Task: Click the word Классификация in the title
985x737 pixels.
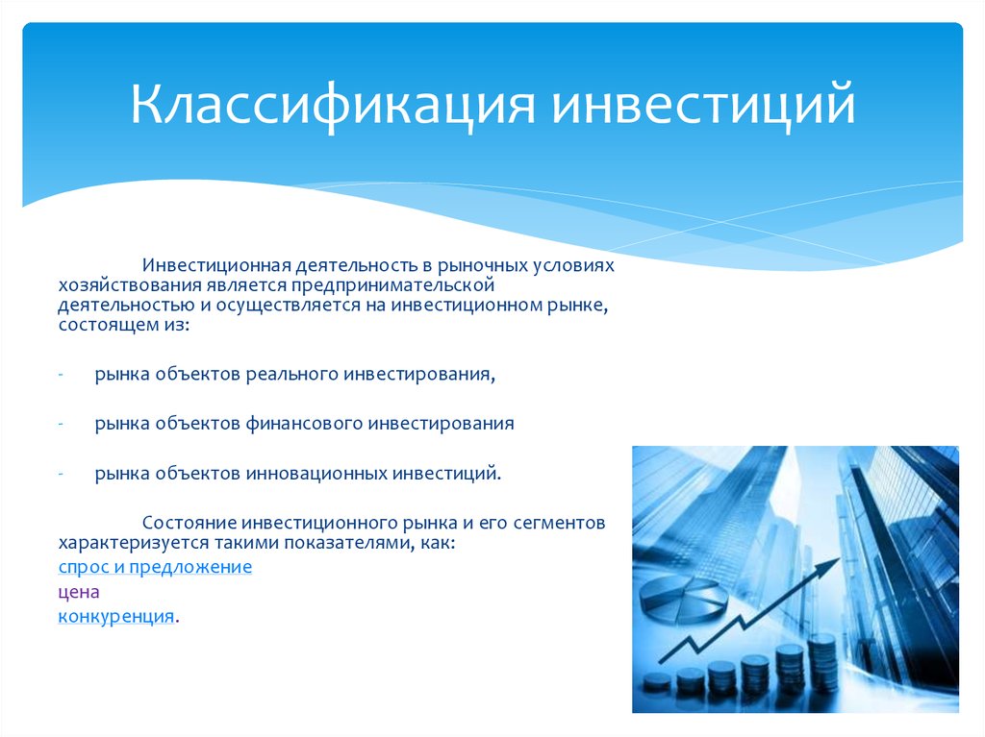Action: click(x=333, y=105)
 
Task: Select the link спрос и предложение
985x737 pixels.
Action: click(x=155, y=567)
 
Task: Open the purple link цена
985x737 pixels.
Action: click(x=79, y=593)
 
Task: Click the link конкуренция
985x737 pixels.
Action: click(x=116, y=617)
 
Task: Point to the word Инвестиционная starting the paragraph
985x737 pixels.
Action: click(x=216, y=265)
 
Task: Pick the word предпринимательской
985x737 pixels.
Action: click(x=393, y=286)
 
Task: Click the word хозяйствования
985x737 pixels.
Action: click(x=130, y=285)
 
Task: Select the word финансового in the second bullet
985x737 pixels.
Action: click(x=304, y=424)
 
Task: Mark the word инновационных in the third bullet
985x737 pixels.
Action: click(x=316, y=474)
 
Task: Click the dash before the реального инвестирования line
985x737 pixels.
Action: click(x=61, y=375)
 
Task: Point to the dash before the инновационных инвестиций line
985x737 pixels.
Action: click(x=61, y=474)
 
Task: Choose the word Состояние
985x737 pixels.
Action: click(x=189, y=523)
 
